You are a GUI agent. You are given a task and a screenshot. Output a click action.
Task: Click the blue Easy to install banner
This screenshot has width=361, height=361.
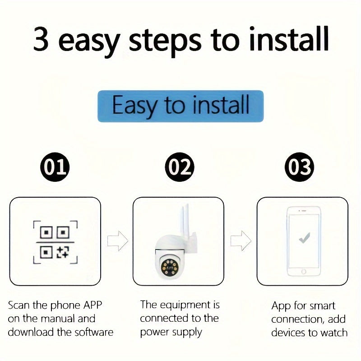pos(180,106)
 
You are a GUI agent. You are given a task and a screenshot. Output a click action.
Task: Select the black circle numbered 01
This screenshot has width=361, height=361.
pos(55,167)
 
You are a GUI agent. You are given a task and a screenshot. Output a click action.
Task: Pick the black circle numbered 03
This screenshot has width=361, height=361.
pos(300,167)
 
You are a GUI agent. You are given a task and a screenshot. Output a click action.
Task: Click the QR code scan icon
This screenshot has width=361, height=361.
pos(55,242)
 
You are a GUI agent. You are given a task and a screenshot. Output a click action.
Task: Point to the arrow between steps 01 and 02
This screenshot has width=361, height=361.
pos(117,241)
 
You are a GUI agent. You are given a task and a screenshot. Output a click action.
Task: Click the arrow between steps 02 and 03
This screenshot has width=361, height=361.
pos(241,241)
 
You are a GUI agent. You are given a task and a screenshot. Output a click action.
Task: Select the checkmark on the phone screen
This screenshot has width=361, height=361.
pos(305,238)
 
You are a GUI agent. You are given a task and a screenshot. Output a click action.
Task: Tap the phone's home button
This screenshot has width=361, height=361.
pos(304,271)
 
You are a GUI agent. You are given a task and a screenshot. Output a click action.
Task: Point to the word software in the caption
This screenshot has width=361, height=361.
pos(93,333)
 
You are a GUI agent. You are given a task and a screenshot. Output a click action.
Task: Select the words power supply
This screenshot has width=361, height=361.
pos(171,333)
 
